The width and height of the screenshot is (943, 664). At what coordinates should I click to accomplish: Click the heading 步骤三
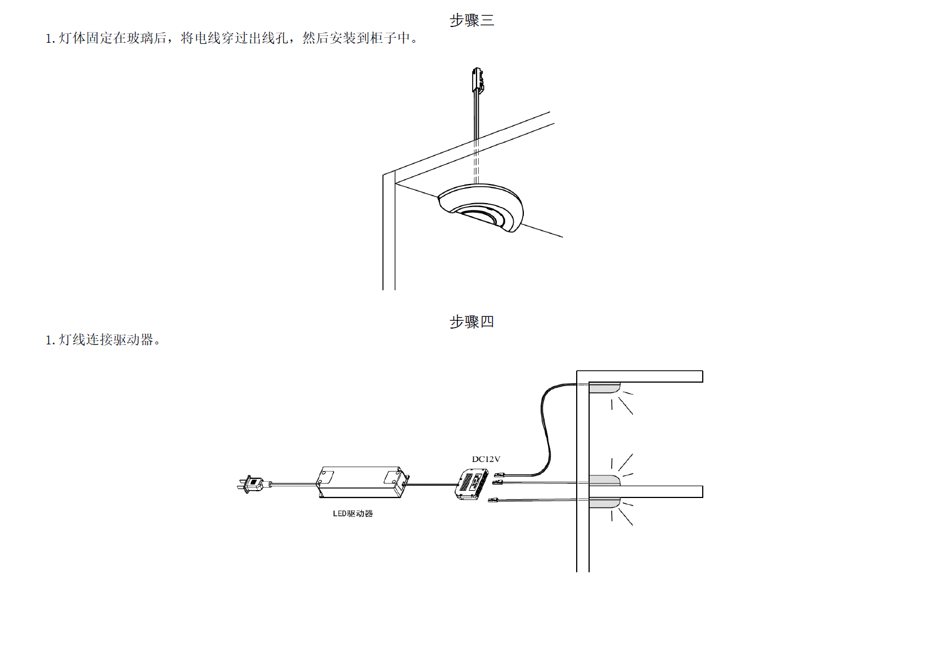(472, 21)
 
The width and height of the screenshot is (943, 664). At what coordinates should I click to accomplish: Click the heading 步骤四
(472, 322)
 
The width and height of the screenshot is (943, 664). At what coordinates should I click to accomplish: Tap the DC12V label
(486, 459)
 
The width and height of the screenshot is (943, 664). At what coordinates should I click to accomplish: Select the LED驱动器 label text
(353, 513)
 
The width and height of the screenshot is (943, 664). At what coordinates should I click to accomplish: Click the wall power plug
(252, 484)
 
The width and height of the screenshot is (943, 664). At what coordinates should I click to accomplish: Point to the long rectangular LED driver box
(360, 482)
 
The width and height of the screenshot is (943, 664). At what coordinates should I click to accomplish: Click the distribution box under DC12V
(471, 484)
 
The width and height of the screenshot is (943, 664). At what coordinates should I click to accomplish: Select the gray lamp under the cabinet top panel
(604, 388)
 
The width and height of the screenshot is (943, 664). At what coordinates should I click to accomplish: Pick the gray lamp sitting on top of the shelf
(604, 480)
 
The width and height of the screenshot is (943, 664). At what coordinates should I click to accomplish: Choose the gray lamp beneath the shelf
(604, 502)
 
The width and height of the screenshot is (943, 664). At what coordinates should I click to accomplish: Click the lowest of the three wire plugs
(494, 500)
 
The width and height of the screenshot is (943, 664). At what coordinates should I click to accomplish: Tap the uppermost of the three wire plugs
(499, 475)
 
